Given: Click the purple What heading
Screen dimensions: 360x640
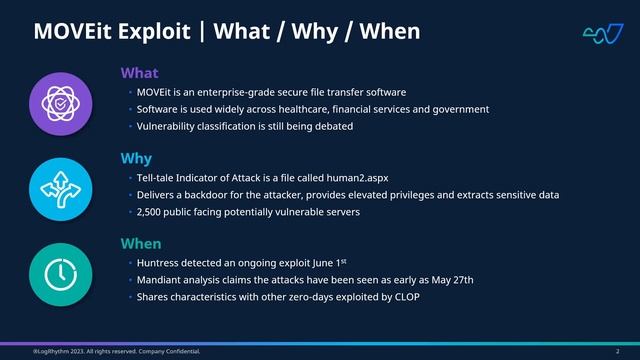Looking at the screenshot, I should click(139, 73).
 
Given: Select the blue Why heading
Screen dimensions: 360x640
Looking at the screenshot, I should click(136, 158).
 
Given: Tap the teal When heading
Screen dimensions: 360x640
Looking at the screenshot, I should click(140, 243).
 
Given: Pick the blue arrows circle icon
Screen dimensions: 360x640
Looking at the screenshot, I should click(62, 188).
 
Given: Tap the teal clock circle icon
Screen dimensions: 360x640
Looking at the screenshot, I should click(62, 273).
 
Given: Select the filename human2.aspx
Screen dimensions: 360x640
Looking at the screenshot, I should click(325, 177).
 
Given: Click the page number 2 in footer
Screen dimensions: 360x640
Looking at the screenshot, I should click(604, 352).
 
